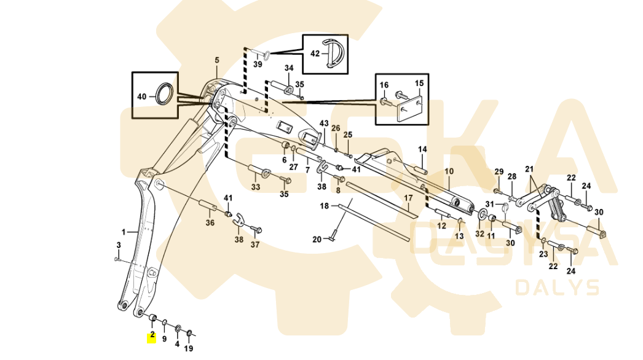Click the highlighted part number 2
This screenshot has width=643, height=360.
[152, 337]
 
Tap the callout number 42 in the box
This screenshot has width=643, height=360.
[315, 53]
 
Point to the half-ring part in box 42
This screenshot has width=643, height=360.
[335, 53]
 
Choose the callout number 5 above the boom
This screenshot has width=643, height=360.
[216, 60]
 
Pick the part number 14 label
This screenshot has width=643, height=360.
[422, 149]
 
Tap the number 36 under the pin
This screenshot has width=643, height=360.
[210, 223]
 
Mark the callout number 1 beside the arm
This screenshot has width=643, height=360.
[124, 232]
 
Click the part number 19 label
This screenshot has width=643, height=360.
[189, 348]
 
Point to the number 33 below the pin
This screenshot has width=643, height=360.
[256, 186]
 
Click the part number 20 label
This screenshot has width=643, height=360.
[317, 239]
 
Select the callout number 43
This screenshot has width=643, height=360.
[324, 123]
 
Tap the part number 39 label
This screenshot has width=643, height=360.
[258, 65]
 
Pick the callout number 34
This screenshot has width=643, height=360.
[289, 68]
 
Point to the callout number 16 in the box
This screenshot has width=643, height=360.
[384, 85]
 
